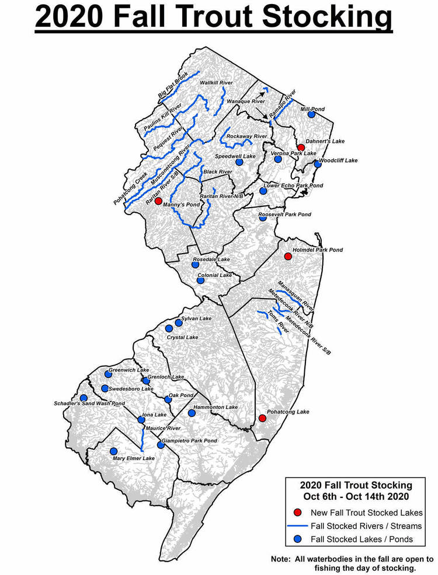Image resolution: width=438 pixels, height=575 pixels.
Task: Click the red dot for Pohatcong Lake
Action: (262, 418)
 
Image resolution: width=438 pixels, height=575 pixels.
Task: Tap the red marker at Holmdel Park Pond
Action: (287, 257)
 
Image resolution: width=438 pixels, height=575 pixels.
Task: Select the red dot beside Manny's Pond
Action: (158, 201)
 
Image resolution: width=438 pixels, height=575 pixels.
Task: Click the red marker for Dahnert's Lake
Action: (300, 148)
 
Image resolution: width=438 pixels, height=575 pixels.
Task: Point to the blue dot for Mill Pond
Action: (311, 115)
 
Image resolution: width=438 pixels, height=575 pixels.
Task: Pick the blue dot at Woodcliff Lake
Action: (318, 164)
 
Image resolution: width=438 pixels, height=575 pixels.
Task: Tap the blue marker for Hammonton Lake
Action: (192, 413)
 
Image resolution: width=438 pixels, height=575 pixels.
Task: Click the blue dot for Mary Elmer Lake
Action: (113, 451)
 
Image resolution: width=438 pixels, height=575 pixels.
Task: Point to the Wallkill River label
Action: (217, 83)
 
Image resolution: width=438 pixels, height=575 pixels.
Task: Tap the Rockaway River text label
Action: (246, 136)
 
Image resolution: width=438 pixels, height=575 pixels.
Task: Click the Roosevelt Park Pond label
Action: (284, 215)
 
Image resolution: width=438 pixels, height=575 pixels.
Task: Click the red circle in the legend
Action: (298, 513)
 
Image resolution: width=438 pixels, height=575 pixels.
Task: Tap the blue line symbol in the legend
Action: (298, 526)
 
